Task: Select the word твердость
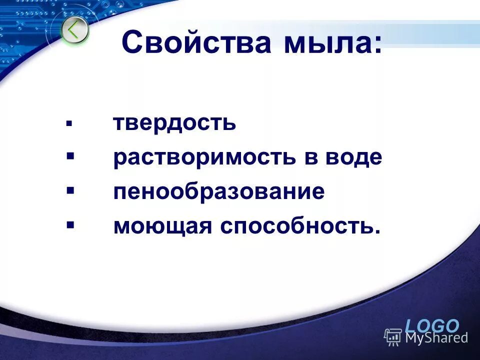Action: click(174, 123)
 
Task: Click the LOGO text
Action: click(432, 326)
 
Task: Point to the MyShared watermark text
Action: click(436, 337)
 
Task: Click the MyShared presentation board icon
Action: click(393, 337)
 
